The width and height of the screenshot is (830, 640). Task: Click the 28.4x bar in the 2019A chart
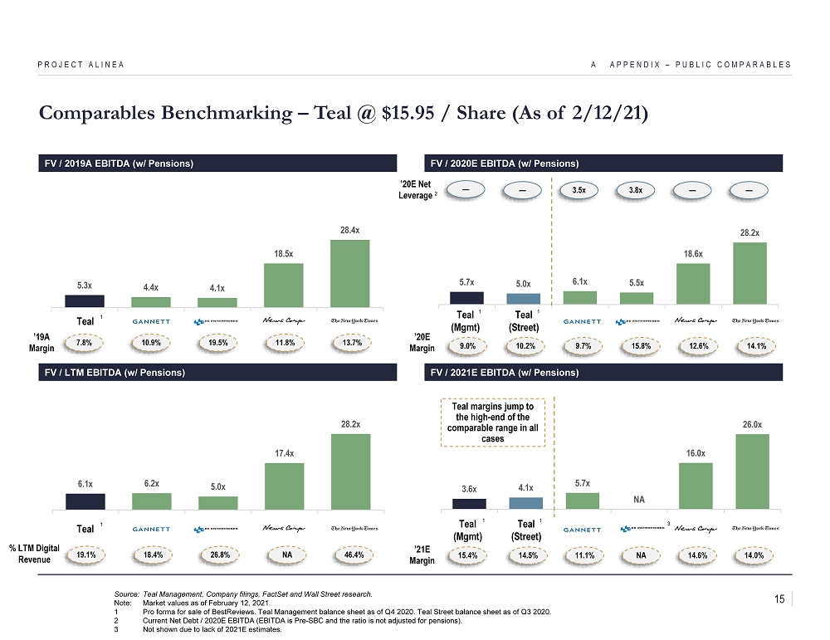click(x=349, y=273)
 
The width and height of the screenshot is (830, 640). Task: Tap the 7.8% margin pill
click(x=84, y=342)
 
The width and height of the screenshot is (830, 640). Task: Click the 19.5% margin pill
click(x=217, y=342)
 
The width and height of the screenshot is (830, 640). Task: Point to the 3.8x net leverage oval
click(x=636, y=190)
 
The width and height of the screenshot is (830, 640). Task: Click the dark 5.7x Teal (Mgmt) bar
click(x=466, y=297)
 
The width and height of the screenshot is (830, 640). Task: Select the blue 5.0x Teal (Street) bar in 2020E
click(x=523, y=298)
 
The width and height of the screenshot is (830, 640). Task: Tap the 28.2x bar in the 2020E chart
click(x=749, y=273)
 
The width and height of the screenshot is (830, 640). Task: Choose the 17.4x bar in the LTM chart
click(x=283, y=486)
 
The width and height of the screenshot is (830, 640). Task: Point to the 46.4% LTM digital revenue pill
click(x=349, y=555)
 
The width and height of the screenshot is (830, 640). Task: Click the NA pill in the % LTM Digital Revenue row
click(x=283, y=555)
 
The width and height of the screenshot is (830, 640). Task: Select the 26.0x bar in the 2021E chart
click(x=752, y=471)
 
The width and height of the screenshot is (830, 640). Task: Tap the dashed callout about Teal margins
click(x=493, y=423)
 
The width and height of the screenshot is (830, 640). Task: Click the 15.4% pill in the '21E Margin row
click(x=466, y=555)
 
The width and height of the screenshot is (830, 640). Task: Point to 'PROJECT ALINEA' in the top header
click(x=81, y=65)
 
